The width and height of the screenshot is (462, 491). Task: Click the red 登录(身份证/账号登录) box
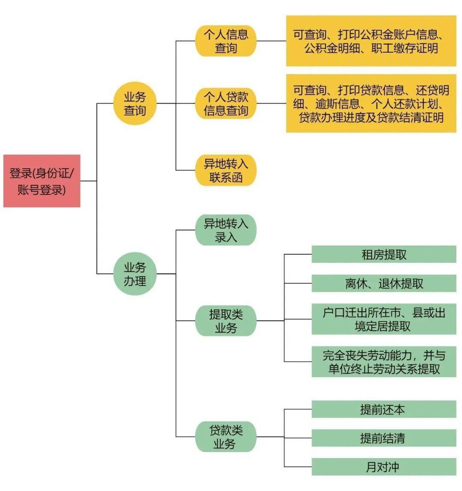tap(42, 181)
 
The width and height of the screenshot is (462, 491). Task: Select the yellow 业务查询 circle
tap(135, 103)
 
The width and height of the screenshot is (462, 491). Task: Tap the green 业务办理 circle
tap(135, 274)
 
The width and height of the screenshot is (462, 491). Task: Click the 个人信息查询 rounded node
tap(225, 41)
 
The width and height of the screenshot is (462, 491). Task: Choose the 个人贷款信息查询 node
tap(225, 103)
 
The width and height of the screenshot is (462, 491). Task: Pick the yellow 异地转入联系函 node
tap(225, 170)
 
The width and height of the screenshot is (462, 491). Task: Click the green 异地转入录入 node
tap(225, 230)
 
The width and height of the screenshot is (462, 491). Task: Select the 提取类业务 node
tap(225, 321)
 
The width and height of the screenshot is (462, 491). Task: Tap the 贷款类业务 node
tap(225, 437)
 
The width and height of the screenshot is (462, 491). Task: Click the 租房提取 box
tap(384, 254)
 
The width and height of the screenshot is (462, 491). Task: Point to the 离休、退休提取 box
tap(384, 283)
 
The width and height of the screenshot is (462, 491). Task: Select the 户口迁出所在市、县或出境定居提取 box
tap(384, 319)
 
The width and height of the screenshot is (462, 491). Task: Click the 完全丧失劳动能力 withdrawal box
tap(384, 362)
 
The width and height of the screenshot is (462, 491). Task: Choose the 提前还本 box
tap(384, 409)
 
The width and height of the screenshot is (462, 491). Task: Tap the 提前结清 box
tap(384, 438)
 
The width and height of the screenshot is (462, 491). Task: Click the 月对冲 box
tap(384, 467)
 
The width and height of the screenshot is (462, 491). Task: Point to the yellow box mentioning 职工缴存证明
tap(371, 41)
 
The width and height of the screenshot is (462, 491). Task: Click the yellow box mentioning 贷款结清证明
tap(371, 103)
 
